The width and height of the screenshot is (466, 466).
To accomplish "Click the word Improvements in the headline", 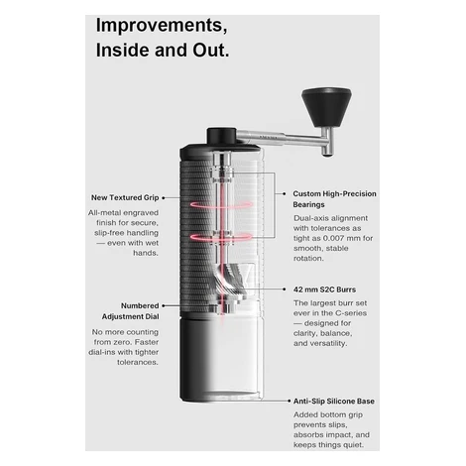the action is [x=162, y=26].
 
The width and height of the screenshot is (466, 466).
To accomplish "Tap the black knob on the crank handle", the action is [x=326, y=107].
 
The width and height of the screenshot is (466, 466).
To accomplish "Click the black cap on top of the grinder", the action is [x=221, y=136].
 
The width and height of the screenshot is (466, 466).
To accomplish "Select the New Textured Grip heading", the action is [x=125, y=197].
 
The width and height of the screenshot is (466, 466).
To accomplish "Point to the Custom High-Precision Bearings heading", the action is [x=334, y=199].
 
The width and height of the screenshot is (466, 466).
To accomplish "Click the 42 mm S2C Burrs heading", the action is [x=324, y=290].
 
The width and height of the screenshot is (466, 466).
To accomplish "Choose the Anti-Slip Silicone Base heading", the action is [x=334, y=402].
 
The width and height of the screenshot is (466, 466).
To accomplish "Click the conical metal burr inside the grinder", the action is [x=231, y=281].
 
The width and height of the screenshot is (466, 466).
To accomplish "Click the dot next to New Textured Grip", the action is [x=164, y=197].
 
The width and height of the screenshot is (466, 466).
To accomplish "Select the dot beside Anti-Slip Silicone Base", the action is [x=290, y=401].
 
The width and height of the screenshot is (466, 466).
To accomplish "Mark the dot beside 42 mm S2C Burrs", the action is [x=285, y=290].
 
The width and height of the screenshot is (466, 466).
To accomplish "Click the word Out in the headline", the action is [x=211, y=51].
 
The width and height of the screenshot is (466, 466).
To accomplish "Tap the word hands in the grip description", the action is [x=146, y=253].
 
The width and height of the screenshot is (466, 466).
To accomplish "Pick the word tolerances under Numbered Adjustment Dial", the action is [x=138, y=362].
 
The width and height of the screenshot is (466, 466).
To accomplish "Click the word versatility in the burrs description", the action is [x=328, y=343].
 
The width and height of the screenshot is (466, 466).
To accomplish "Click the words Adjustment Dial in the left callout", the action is [x=131, y=316].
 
